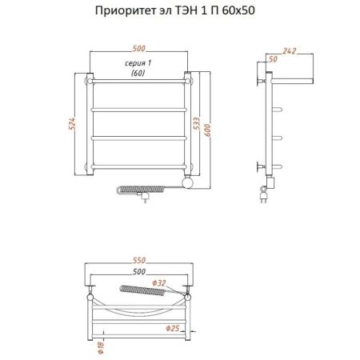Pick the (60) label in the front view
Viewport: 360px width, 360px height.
coord(140,73)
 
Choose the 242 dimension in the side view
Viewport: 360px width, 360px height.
coord(290,51)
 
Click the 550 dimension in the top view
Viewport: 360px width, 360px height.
coord(140,262)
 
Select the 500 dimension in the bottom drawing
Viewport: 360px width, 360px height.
coord(140,273)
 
